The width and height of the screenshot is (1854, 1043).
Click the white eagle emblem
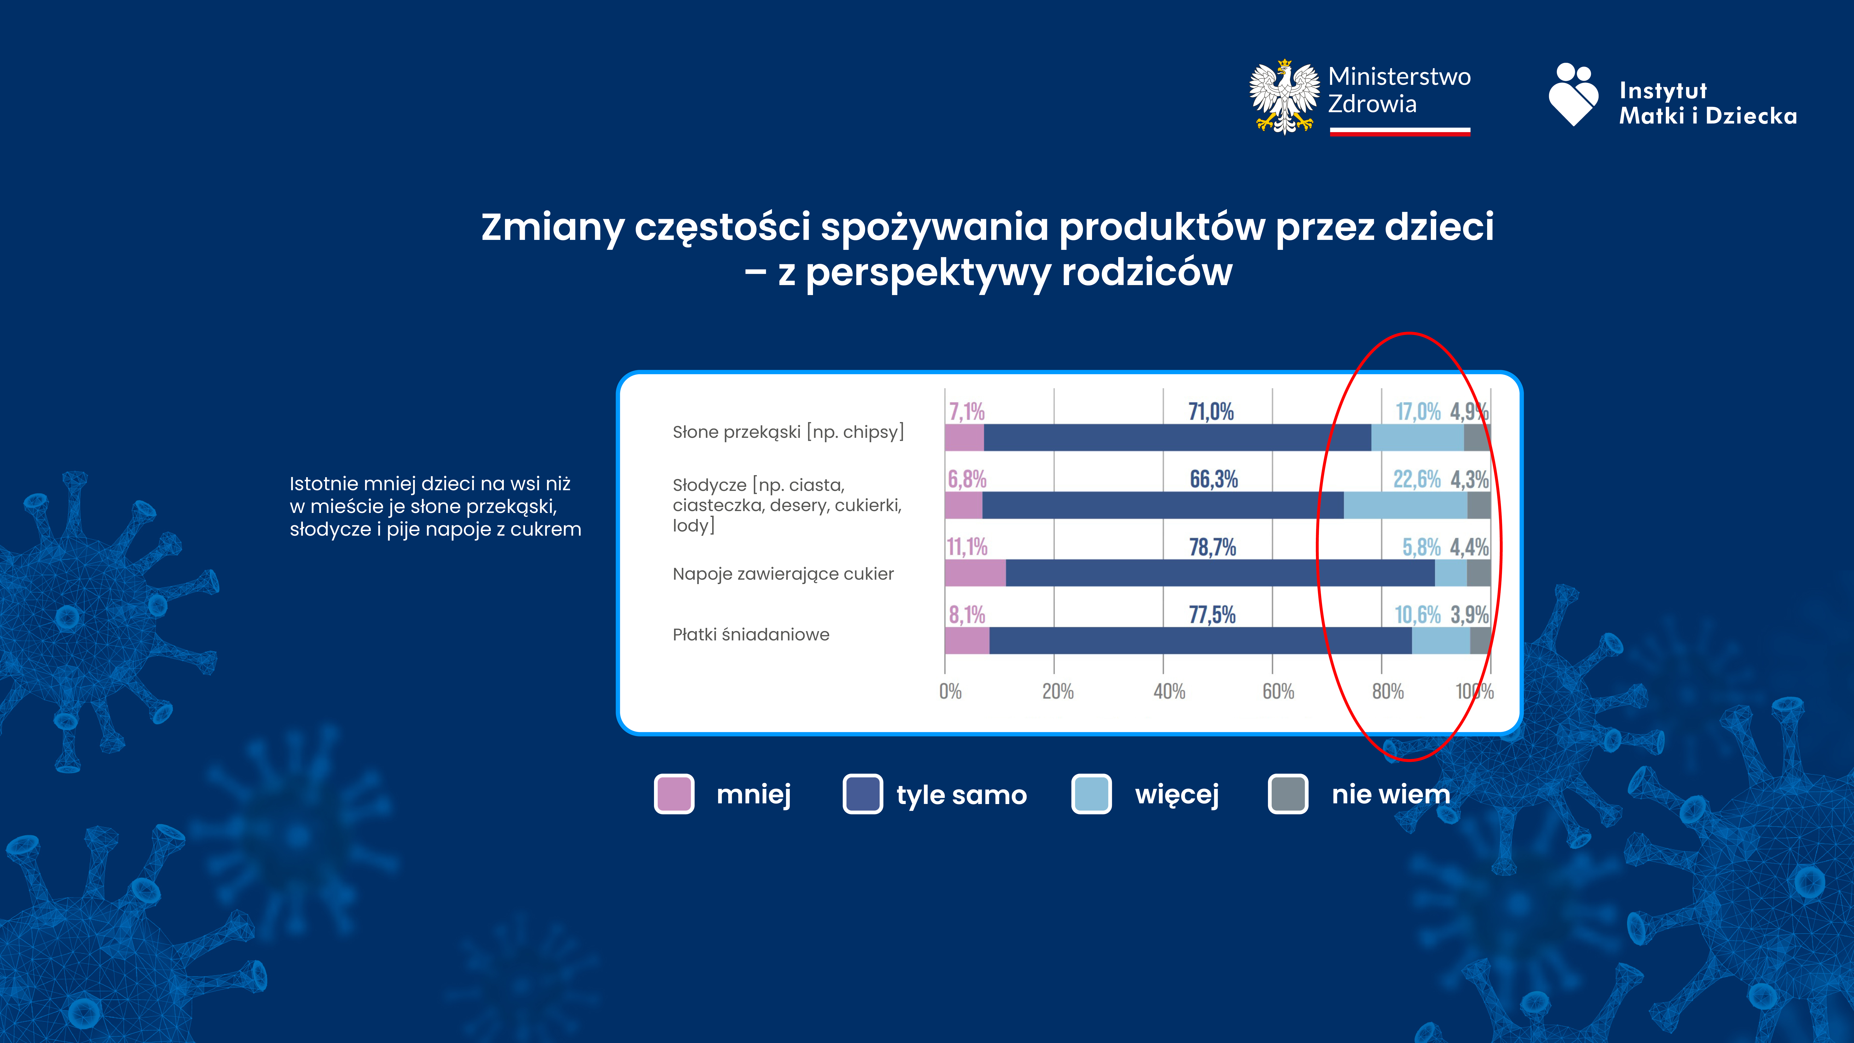pos(1286,97)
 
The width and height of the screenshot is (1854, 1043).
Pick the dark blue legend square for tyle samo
pos(862,794)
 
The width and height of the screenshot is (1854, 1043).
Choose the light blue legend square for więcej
pos(1091,794)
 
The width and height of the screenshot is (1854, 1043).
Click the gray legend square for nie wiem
pos(1288,794)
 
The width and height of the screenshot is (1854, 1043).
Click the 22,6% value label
pos(1416,479)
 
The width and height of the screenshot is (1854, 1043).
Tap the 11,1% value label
pos(967,547)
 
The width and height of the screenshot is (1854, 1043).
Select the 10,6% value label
pos(1417,615)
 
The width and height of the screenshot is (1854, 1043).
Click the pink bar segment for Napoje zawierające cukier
pos(975,573)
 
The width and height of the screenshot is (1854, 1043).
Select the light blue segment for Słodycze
pos(1405,505)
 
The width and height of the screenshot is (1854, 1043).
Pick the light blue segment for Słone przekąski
pos(1417,438)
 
